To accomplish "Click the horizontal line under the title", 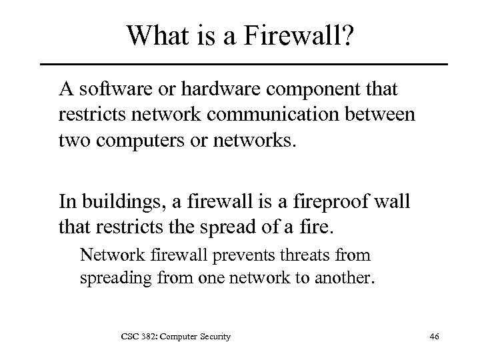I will coord(244,64).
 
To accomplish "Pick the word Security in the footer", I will coord(213,337).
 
